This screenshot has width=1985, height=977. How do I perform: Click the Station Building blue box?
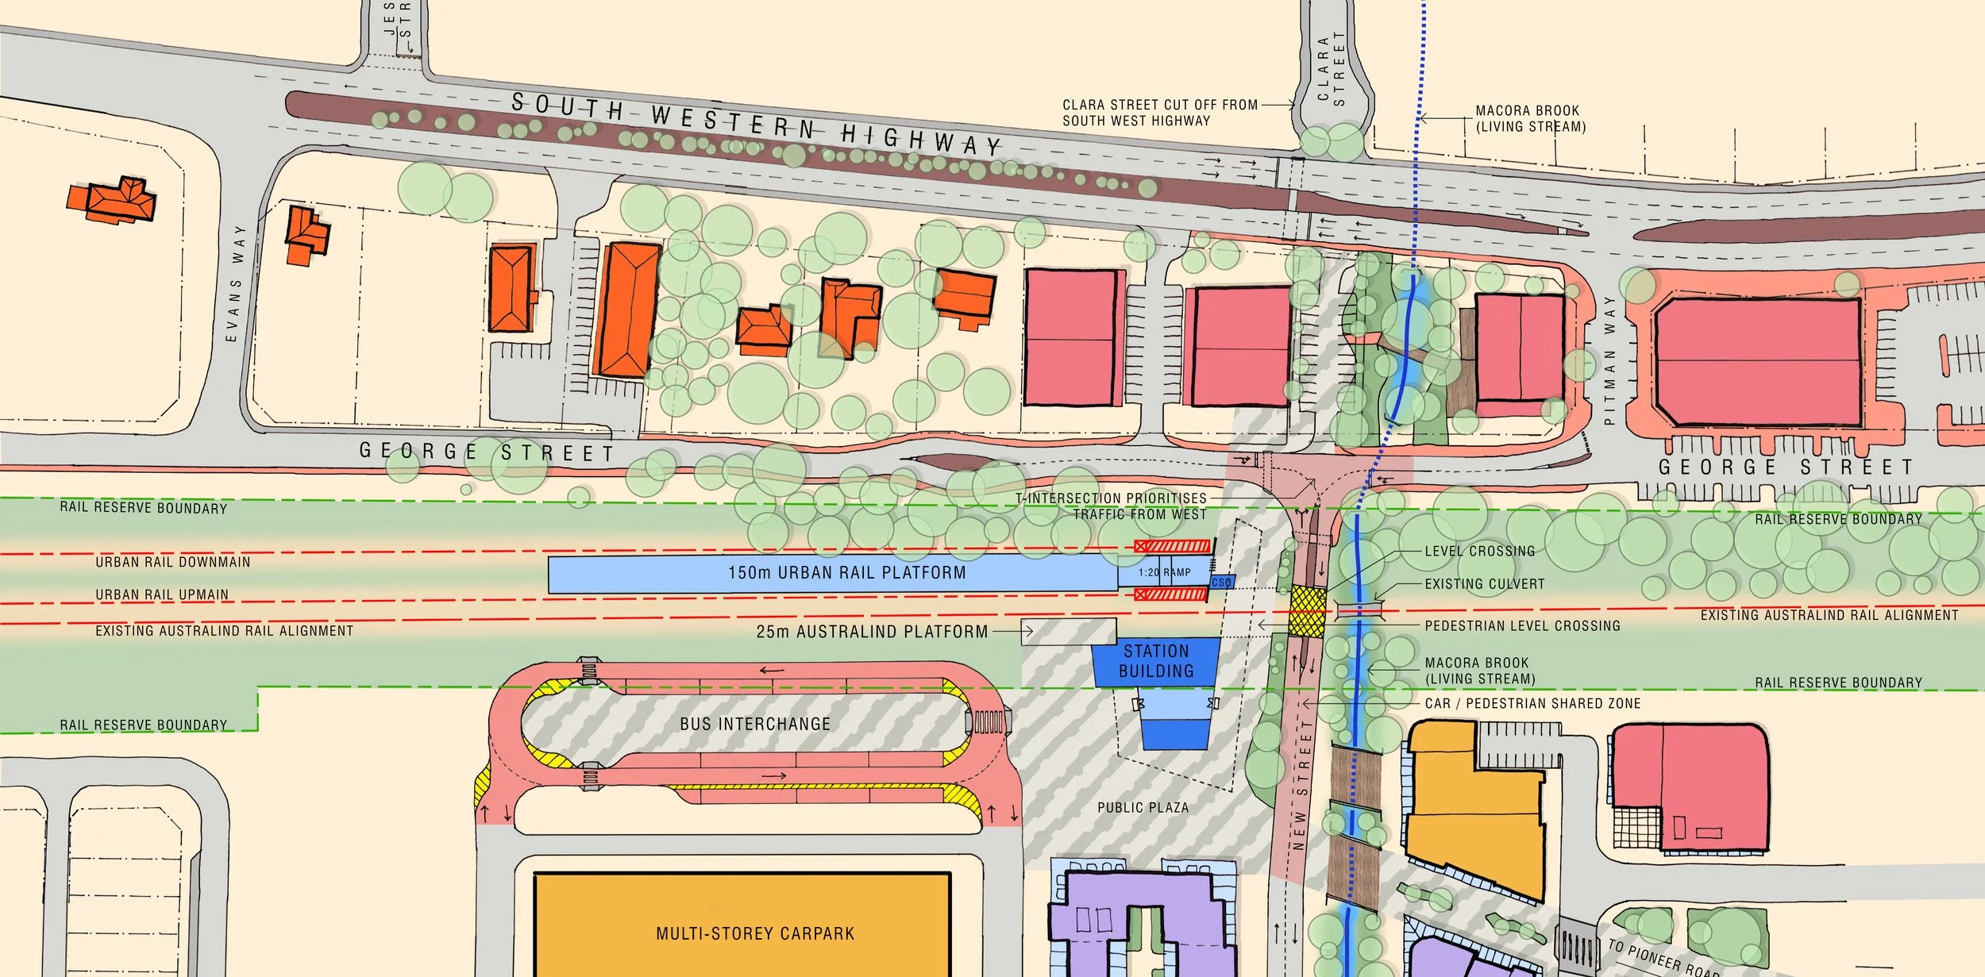tap(1156, 661)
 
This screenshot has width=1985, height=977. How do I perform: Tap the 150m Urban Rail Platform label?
tap(846, 572)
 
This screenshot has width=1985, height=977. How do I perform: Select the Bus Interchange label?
tap(754, 724)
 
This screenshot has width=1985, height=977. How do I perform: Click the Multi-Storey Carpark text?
tap(755, 933)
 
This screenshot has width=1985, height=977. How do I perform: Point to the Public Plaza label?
tap(1143, 807)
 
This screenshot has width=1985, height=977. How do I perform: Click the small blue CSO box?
tap(1222, 583)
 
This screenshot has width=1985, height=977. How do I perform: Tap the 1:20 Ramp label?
tap(1164, 572)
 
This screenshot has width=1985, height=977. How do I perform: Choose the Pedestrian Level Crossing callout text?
tap(1522, 625)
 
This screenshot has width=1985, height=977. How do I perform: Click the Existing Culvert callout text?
tap(1485, 584)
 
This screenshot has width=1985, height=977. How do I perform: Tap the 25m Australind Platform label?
tap(872, 632)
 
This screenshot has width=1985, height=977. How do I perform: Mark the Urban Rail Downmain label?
tap(172, 562)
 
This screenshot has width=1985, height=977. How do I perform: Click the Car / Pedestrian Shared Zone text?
tap(1532, 703)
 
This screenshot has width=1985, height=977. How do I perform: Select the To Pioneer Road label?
tap(1663, 957)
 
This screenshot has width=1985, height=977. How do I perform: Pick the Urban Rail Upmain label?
tap(162, 594)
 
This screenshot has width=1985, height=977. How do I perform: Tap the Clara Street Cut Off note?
tap(1159, 113)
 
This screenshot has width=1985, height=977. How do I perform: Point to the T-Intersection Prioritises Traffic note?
tap(1111, 506)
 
